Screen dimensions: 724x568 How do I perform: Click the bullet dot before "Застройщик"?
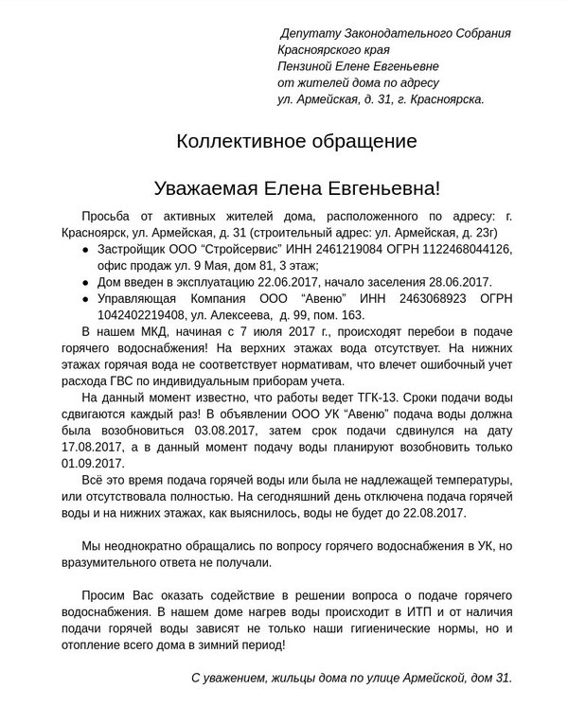86,249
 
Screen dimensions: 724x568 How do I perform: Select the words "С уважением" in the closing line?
228,679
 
